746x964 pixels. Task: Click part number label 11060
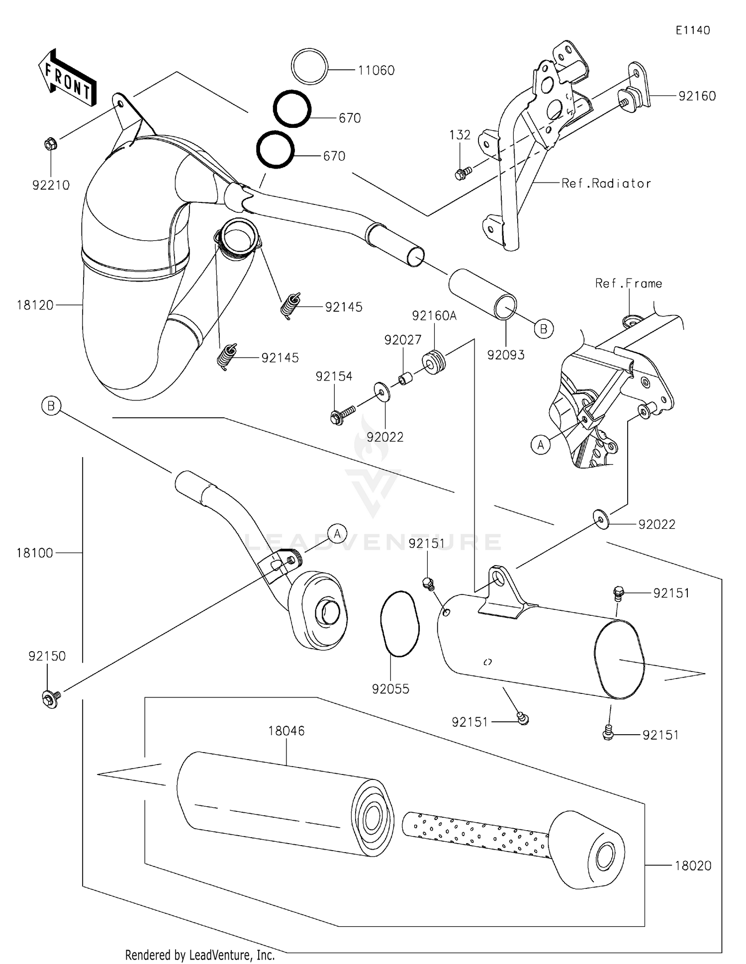(x=376, y=71)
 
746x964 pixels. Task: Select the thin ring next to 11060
(x=309, y=67)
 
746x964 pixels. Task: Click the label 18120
(x=35, y=305)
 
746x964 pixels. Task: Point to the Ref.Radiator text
(x=606, y=184)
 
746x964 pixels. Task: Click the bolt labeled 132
(x=462, y=174)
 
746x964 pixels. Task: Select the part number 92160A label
(x=434, y=316)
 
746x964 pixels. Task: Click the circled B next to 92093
(x=543, y=329)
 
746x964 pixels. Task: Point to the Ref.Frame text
(x=629, y=284)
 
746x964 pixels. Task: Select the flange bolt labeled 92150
(x=51, y=698)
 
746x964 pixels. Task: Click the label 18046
(x=286, y=731)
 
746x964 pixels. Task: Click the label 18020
(x=693, y=866)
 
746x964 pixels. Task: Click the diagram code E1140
(x=692, y=30)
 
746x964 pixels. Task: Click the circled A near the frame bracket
(x=541, y=445)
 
